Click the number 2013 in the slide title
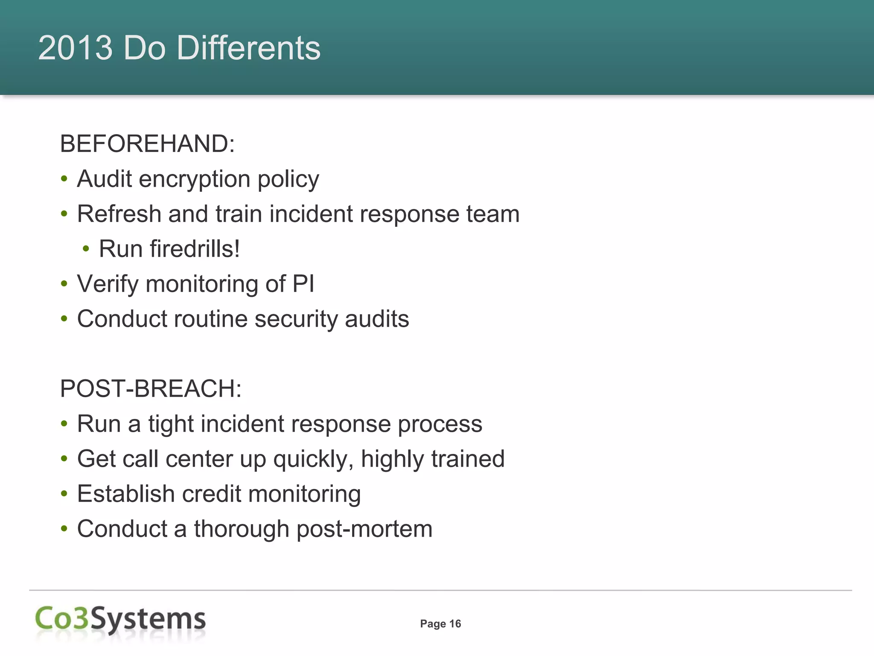(76, 47)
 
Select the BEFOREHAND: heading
(147, 143)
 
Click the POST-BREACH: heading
(151, 389)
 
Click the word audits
(377, 319)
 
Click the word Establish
(126, 494)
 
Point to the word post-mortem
(364, 530)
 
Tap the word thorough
(242, 529)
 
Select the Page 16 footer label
(440, 624)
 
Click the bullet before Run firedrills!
(86, 249)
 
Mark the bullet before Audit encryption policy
(64, 179)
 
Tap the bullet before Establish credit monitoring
(64, 494)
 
